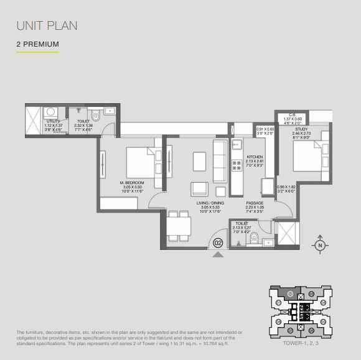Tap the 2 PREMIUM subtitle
[38, 45]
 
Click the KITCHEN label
[255, 157]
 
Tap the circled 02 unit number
[218, 242]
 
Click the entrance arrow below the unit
[218, 253]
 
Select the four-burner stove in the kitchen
[237, 165]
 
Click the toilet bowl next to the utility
[95, 116]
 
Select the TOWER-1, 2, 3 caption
[299, 342]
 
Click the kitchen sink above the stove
[237, 147]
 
